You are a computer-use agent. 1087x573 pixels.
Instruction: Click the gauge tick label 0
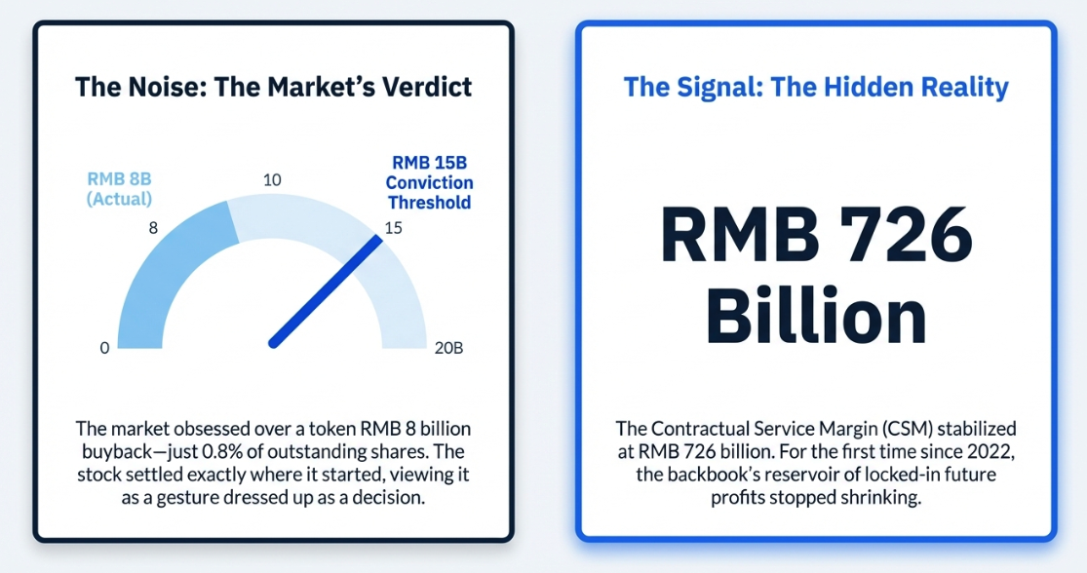coord(104,348)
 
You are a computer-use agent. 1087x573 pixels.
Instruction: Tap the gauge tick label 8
coord(153,228)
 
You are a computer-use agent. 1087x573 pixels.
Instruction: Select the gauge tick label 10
coord(272,180)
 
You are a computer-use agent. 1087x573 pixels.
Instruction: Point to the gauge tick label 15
coord(393,228)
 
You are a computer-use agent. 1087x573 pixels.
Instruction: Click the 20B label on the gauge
coord(448,348)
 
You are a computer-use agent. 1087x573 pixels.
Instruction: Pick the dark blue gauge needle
coord(326,291)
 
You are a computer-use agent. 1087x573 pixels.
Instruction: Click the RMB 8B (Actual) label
coord(119,188)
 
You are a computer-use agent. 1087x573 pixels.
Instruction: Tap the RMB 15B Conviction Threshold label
coord(430,182)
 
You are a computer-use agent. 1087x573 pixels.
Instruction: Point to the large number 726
coord(906,234)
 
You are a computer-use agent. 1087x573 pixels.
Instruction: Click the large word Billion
coord(817,316)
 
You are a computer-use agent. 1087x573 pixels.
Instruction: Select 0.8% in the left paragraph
coord(223,452)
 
